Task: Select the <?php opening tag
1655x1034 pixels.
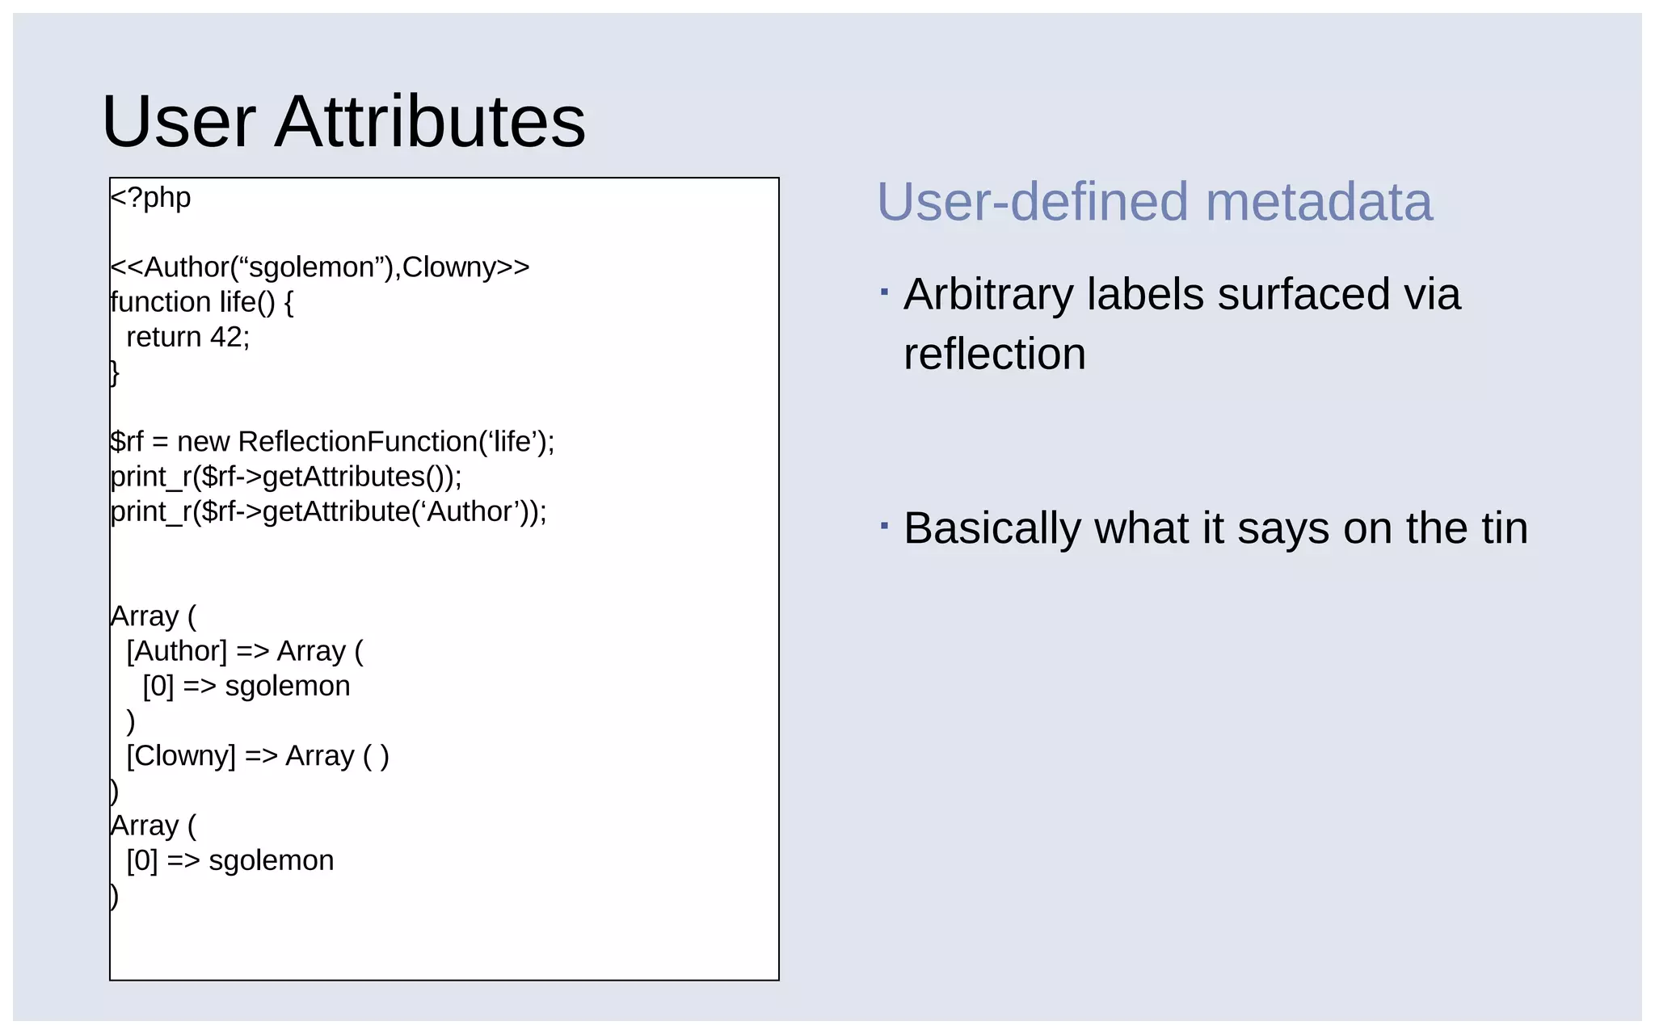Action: (x=151, y=198)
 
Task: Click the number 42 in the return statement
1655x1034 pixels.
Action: (x=227, y=337)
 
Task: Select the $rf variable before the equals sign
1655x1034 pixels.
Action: (x=127, y=442)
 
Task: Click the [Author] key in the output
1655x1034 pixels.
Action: (x=177, y=651)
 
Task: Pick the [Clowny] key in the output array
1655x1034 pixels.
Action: (x=181, y=756)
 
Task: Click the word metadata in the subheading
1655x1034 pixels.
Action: (x=1319, y=202)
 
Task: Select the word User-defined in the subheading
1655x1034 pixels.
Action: (x=1033, y=202)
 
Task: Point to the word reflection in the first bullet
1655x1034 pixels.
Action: (x=995, y=354)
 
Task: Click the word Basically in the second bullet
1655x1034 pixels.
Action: (x=990, y=528)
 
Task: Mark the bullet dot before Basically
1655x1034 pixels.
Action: (x=885, y=527)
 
